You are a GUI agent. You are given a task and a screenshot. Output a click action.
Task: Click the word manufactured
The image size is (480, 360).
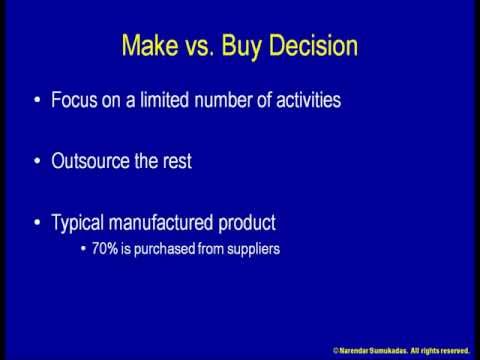[x=172, y=222]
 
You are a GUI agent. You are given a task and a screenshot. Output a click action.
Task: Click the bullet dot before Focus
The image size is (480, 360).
[x=37, y=101]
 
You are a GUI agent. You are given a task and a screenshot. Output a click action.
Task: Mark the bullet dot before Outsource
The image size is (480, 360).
[x=37, y=162]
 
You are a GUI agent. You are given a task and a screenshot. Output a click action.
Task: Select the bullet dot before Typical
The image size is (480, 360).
[x=37, y=223]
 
